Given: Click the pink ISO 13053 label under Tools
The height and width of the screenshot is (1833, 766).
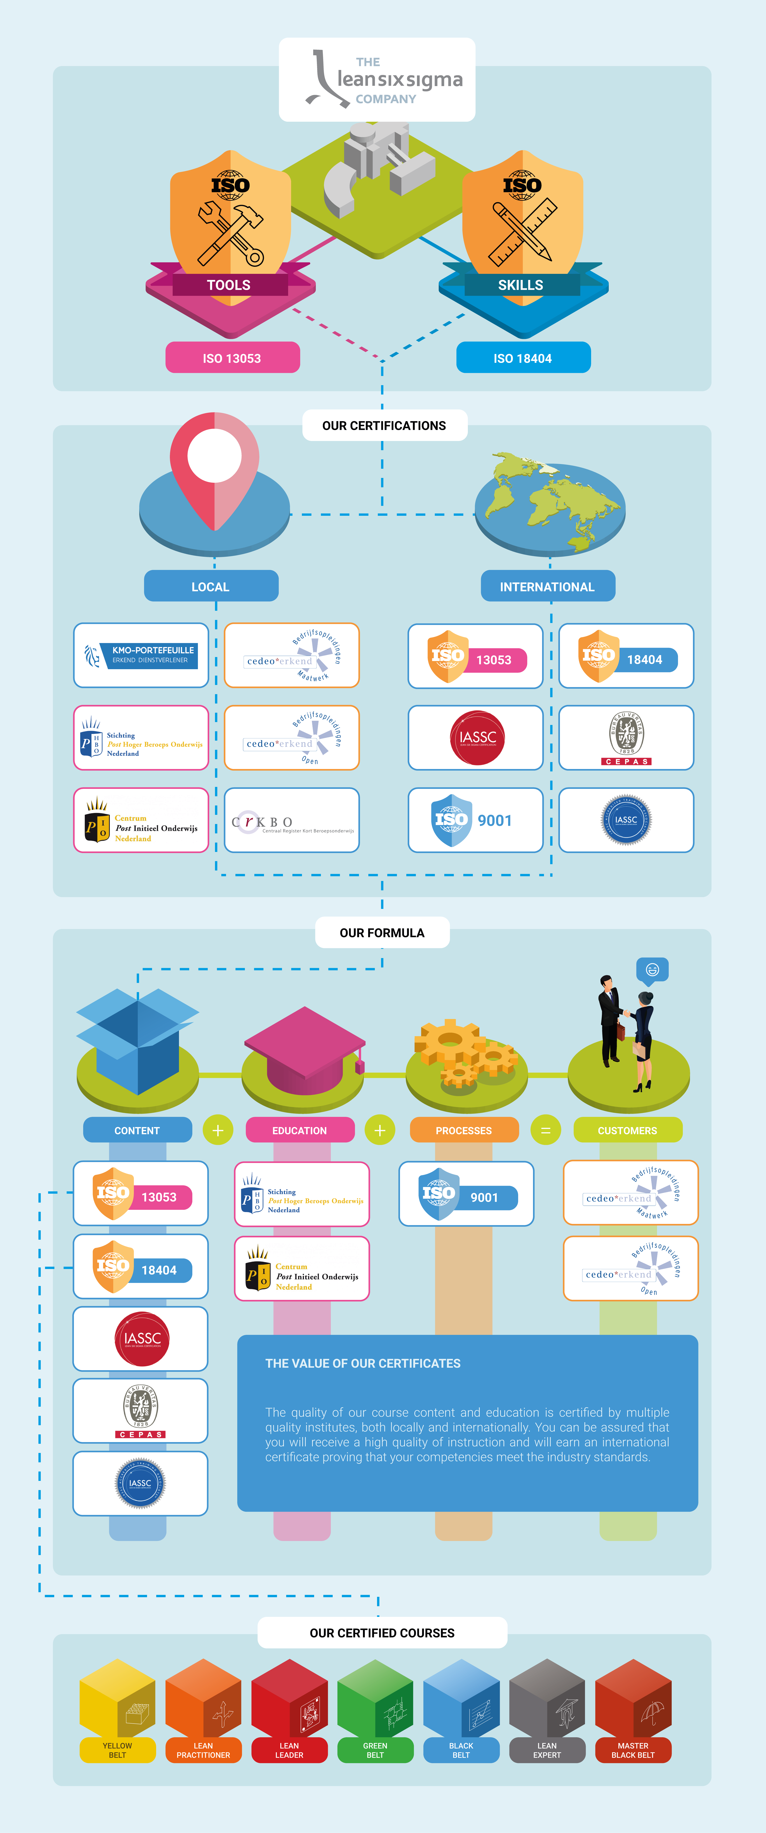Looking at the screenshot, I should [x=232, y=358].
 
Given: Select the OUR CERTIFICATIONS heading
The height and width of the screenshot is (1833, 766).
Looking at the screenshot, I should [x=384, y=426].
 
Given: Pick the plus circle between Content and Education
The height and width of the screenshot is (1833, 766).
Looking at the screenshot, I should [x=218, y=1130].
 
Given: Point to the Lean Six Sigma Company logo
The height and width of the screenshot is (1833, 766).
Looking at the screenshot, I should [x=377, y=80].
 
